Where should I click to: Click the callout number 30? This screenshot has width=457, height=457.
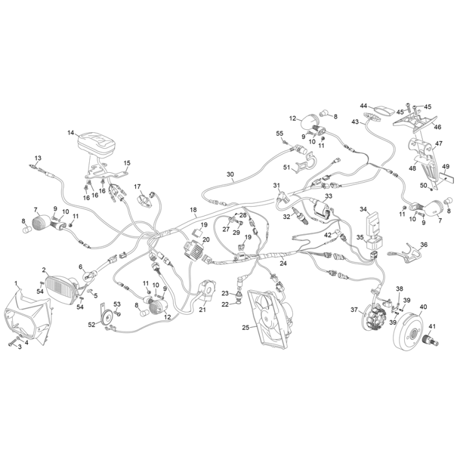230,175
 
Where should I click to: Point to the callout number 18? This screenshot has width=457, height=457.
193,210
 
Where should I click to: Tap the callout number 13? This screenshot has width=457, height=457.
38,158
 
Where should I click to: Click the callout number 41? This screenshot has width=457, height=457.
432,326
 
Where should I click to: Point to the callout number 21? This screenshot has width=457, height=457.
202,311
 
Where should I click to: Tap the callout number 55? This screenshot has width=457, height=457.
280,133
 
